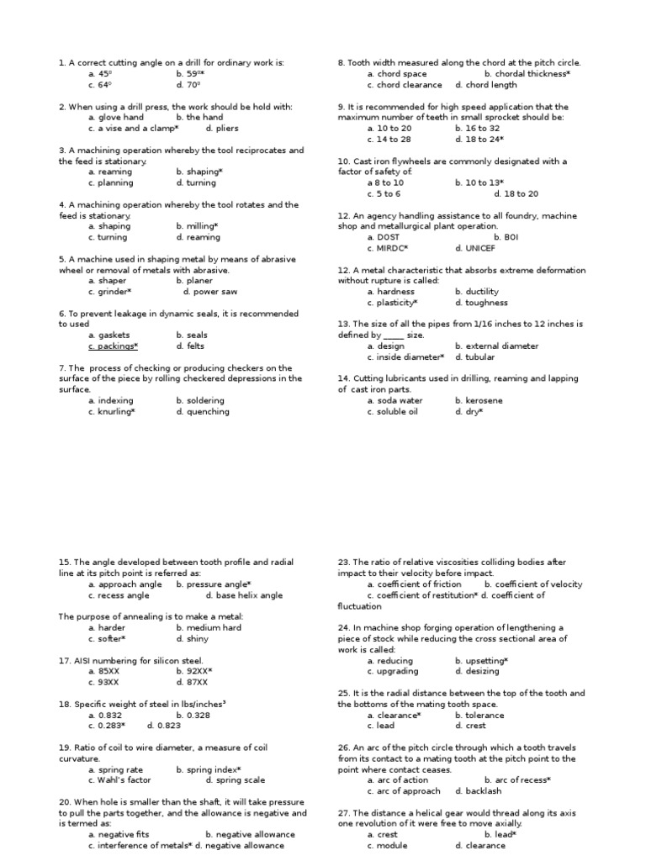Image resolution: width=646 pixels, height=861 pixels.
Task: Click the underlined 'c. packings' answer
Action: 113,346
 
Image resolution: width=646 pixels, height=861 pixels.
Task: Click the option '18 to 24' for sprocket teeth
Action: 479,140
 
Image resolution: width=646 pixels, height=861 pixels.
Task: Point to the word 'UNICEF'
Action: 475,248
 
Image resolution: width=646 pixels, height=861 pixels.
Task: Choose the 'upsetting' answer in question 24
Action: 481,661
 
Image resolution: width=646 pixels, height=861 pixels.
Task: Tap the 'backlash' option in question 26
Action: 478,791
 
